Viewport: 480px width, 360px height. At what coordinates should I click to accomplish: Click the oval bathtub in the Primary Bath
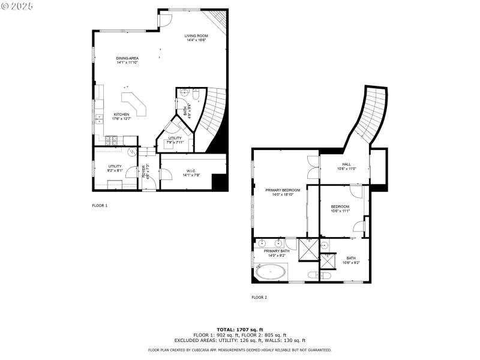click(x=271, y=272)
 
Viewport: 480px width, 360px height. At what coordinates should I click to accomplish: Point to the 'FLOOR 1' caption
click(x=100, y=205)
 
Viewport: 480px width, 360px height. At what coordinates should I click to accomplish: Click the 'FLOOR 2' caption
click(x=259, y=297)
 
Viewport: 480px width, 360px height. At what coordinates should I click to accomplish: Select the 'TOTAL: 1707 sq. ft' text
click(x=239, y=330)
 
